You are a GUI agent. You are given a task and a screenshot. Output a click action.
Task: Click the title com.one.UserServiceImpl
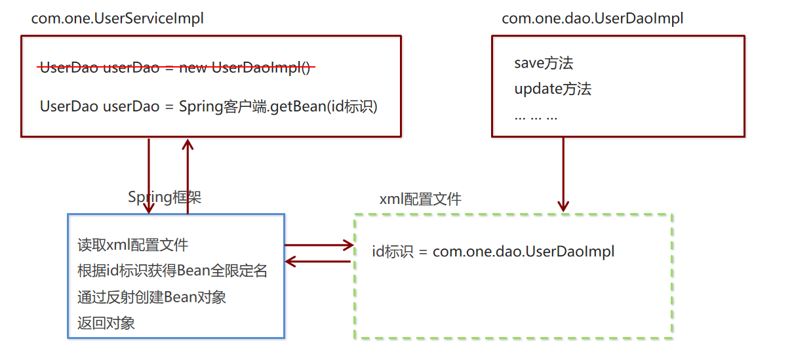[117, 18]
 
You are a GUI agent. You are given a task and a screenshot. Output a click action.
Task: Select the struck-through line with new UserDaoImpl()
[175, 68]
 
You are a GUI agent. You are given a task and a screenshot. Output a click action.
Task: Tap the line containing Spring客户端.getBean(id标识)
[208, 106]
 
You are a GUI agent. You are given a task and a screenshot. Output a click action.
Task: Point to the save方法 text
[544, 63]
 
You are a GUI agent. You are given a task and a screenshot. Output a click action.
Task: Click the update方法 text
[553, 89]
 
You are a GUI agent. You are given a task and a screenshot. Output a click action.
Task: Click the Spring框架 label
[165, 197]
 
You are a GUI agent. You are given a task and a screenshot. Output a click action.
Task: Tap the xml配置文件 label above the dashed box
[420, 199]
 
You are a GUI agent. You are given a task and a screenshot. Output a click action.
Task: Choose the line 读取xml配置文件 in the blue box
[132, 245]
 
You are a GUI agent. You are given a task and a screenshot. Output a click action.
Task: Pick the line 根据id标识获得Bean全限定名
[172, 271]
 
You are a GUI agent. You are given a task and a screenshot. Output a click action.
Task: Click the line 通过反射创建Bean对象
[151, 296]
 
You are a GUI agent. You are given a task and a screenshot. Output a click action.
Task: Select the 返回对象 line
[106, 323]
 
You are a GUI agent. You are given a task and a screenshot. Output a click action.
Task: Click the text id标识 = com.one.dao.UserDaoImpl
[493, 251]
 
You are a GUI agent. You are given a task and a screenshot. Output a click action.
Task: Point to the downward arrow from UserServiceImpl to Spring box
[149, 175]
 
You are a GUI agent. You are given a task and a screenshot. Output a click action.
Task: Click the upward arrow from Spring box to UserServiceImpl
[188, 175]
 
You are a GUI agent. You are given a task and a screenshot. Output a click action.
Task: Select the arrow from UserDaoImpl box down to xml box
[563, 174]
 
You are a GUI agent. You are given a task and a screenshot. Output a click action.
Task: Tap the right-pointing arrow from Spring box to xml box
[319, 246]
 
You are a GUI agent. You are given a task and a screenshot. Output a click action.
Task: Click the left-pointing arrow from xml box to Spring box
[319, 262]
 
